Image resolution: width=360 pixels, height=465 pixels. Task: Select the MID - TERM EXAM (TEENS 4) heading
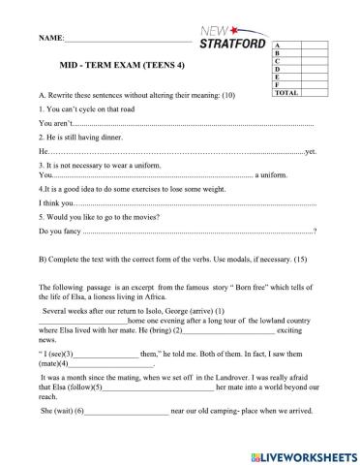click(x=119, y=65)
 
